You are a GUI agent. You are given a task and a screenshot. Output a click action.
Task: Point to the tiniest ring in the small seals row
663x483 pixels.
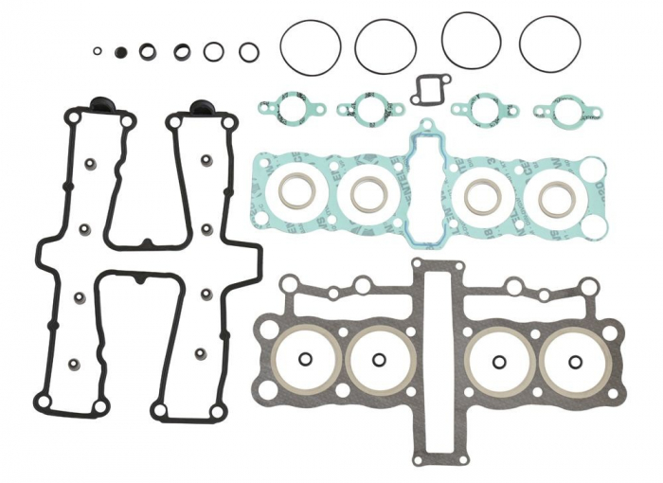click(98, 51)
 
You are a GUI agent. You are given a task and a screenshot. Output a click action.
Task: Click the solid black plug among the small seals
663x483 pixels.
click(120, 51)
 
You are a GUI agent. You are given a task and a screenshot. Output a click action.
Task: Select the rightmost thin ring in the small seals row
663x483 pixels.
click(248, 51)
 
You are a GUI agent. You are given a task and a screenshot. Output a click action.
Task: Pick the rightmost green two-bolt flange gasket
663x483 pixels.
click(565, 111)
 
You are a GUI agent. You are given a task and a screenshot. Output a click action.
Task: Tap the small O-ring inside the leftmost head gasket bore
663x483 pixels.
click(305, 359)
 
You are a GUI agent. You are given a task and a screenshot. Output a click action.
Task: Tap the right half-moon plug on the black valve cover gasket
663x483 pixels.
click(200, 106)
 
